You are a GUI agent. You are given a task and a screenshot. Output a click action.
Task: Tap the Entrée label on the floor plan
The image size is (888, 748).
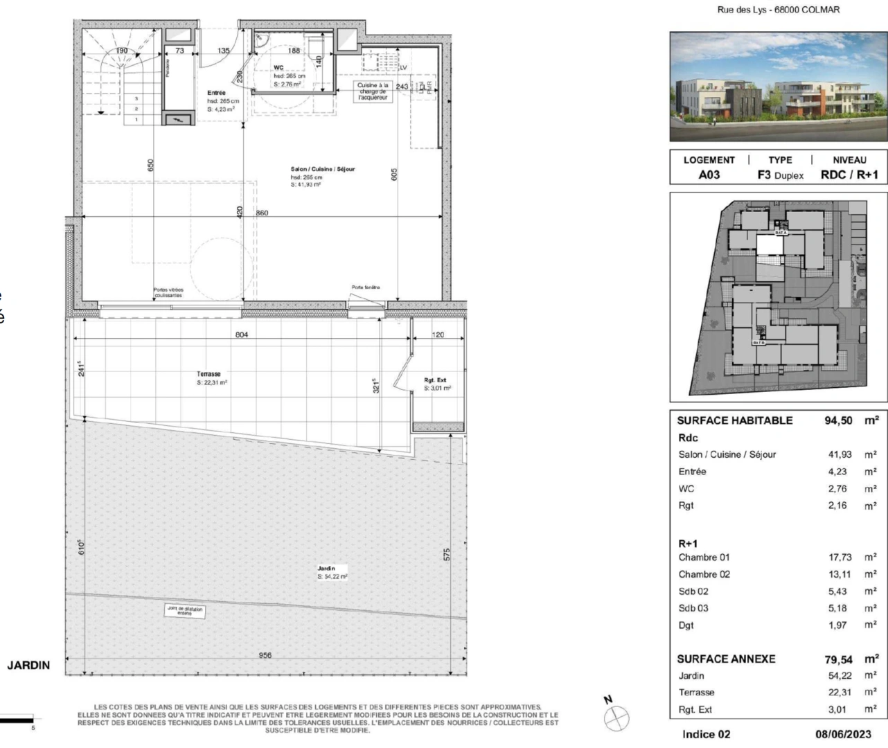tap(216, 93)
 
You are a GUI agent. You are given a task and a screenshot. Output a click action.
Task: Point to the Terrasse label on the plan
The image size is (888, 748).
tap(208, 374)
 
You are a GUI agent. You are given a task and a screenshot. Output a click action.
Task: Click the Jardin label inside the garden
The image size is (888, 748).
tap(326, 569)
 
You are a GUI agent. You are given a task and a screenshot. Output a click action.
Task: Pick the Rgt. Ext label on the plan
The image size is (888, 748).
tap(436, 380)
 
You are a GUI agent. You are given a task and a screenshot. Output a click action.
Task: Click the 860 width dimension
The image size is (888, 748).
tap(262, 213)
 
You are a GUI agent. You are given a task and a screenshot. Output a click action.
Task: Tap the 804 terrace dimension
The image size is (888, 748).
tap(241, 335)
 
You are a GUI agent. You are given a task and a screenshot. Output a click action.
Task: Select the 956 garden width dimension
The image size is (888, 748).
tap(265, 655)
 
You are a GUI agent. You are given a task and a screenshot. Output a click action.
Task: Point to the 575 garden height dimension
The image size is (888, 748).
tap(447, 555)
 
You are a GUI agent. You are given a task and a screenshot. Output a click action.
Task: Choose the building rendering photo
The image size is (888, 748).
tap(779, 87)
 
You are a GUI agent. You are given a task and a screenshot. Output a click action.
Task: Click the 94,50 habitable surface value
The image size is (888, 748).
tap(838, 420)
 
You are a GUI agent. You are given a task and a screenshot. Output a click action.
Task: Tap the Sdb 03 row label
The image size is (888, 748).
tap(693, 608)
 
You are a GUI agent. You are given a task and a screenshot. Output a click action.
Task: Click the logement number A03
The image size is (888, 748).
tap(709, 175)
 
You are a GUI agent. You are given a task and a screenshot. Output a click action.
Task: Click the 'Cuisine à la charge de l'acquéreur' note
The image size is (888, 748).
tap(373, 91)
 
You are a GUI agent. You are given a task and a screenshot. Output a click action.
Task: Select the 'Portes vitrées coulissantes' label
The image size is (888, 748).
tap(168, 293)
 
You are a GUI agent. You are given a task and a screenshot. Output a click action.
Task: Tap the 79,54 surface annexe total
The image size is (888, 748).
tap(838, 659)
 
